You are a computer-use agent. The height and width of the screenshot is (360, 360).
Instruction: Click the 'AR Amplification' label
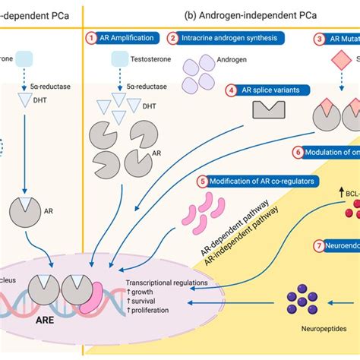130,37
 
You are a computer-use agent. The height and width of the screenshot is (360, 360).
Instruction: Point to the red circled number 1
92,37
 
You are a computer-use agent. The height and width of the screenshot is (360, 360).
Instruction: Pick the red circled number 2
173,37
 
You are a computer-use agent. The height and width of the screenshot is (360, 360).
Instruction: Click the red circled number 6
298,152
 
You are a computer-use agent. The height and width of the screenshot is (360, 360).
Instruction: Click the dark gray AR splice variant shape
270,112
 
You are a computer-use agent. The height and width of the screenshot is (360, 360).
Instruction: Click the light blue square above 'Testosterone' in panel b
121,59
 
